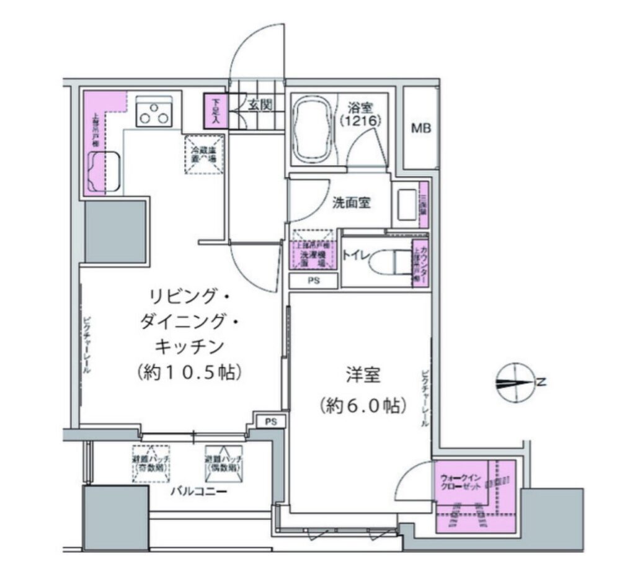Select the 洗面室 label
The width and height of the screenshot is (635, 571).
click(x=351, y=202)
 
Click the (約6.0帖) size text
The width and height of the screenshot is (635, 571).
click(x=363, y=406)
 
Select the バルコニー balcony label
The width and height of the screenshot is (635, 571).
click(x=198, y=493)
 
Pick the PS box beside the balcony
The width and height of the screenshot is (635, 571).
click(x=270, y=421)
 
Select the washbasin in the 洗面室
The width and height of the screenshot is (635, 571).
click(x=406, y=203)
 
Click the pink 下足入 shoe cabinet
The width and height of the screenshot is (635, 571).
click(x=215, y=109)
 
